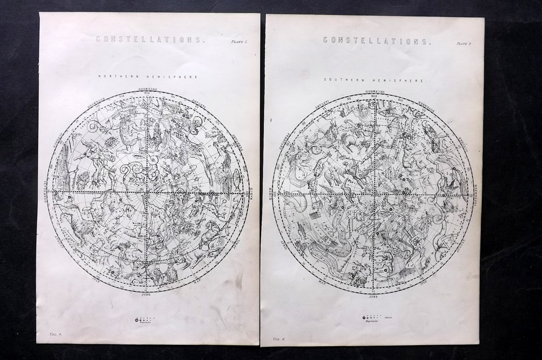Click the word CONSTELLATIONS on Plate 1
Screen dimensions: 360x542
tap(149, 40)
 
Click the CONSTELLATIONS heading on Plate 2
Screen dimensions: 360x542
tap(377, 41)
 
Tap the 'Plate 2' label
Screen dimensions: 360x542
tap(464, 44)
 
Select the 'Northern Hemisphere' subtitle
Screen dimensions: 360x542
tap(148, 77)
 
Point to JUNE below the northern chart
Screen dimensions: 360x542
tap(146, 297)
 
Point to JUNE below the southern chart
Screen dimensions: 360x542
tap(374, 298)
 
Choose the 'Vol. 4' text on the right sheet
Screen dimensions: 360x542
tap(279, 339)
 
